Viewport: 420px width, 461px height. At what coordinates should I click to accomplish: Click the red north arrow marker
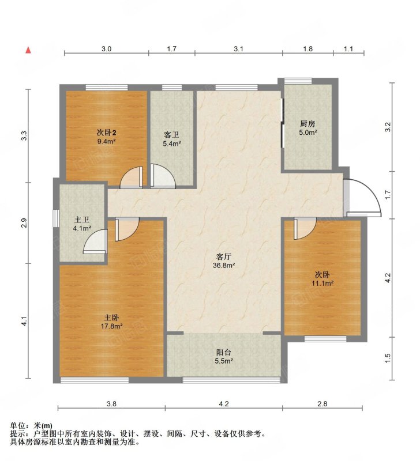(28, 50)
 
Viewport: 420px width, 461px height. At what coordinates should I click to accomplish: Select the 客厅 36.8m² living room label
(224, 261)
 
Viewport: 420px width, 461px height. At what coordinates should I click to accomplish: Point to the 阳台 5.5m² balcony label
(224, 357)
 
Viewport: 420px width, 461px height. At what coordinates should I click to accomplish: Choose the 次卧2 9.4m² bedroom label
(106, 137)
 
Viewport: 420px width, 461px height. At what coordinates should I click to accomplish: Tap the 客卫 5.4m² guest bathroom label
(171, 139)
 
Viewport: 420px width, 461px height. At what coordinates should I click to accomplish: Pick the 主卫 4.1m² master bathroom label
(82, 224)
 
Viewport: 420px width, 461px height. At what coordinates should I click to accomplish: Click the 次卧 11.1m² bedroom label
(322, 279)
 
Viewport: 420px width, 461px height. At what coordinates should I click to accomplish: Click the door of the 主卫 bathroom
(95, 241)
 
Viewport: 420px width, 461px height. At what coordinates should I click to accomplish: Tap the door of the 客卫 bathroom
(163, 176)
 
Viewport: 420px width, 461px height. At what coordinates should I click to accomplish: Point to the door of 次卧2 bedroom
(132, 177)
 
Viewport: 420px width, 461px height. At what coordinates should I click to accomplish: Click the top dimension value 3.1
(238, 48)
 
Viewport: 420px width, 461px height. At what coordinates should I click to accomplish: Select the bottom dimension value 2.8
(322, 404)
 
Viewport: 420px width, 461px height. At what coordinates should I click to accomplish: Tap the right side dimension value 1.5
(388, 358)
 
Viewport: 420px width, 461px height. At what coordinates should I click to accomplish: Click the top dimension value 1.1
(348, 48)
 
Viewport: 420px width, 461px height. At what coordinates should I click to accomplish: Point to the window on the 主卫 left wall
(55, 218)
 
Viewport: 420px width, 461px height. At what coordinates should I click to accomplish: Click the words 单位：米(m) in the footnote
(31, 425)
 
